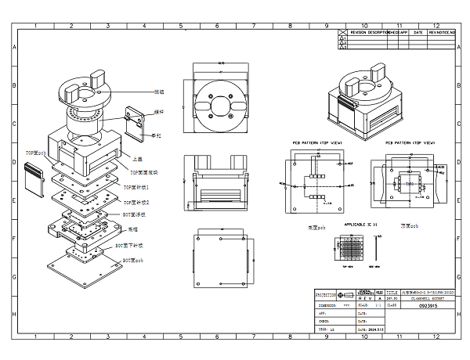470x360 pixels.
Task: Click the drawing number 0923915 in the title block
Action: point(405,306)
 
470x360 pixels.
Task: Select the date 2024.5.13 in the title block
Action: point(333,329)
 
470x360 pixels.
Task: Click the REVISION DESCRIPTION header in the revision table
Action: point(369,32)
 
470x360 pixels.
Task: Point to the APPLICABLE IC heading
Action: point(360,224)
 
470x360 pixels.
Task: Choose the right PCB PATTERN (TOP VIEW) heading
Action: point(410,144)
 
